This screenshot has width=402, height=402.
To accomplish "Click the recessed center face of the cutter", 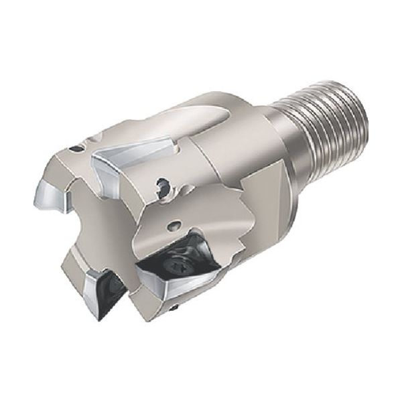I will coord(100,228).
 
